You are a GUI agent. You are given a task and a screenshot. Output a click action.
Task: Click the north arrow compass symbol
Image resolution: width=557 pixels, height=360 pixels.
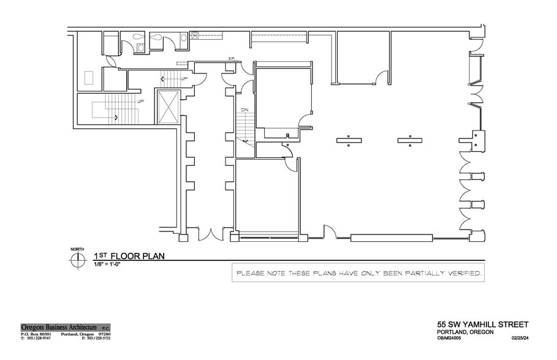coord(78,260)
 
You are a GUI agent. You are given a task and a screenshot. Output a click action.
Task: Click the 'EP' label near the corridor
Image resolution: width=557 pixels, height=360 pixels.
coord(232,59)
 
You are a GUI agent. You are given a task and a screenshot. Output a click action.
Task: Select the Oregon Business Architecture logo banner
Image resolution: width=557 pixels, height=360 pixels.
coord(65,327)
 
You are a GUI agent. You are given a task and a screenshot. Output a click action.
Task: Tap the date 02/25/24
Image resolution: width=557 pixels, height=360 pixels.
coord(518,337)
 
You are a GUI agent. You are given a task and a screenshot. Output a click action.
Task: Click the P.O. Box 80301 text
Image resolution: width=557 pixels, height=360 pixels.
coord(38,333)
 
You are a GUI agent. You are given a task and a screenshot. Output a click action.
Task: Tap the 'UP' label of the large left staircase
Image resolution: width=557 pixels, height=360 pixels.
coord(140,101)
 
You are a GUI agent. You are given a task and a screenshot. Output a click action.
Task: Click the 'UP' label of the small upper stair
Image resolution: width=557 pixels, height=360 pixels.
coord(184,78)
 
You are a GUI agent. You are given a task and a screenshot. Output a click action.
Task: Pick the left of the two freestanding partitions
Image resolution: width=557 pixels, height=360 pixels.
coord(347,141)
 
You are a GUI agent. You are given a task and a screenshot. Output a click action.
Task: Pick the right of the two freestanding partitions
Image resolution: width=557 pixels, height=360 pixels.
coord(409,141)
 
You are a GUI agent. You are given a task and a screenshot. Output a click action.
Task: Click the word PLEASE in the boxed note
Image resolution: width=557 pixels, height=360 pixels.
coord(250,272)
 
